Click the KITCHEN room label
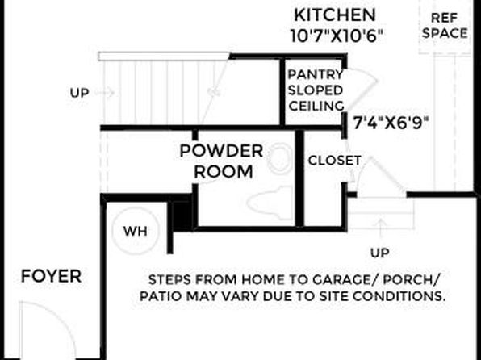point(335,15)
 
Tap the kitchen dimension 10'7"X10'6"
point(337,36)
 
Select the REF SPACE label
point(445,26)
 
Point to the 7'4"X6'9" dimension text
point(391,123)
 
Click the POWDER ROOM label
point(222,161)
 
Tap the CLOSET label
point(334,161)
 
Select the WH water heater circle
point(136,231)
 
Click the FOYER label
point(51,276)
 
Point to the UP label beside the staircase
point(79,93)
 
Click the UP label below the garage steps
point(380,253)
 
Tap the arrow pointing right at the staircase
point(105,92)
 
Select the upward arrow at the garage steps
point(380,228)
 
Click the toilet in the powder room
point(270,202)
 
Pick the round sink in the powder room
point(280,159)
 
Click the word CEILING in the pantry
point(316,106)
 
